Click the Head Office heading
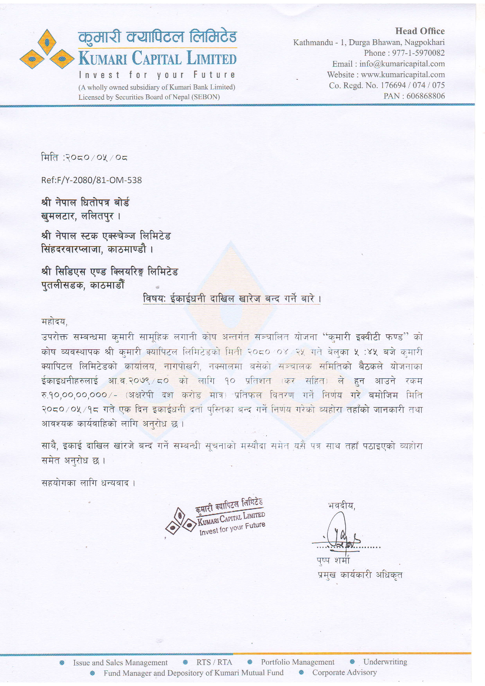point(420,31)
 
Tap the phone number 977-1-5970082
point(418,53)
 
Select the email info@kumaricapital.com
point(402,64)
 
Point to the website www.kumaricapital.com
point(403,74)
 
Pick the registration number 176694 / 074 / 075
point(413,85)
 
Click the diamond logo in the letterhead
point(47,50)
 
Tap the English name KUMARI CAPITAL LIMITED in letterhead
point(158,58)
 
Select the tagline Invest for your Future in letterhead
point(157,75)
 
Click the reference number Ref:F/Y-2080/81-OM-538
point(92,180)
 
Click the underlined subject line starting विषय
point(231,299)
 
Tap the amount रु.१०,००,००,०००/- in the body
point(79,395)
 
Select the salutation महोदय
point(54,321)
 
